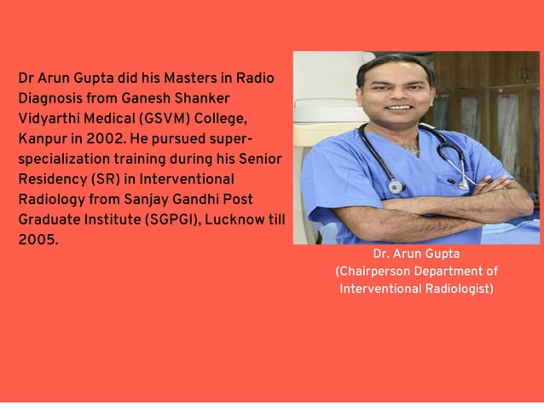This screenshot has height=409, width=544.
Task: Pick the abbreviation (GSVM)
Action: tap(163, 118)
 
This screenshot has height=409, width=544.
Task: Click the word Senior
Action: tap(262, 159)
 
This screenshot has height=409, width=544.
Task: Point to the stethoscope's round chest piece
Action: tap(395, 186)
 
